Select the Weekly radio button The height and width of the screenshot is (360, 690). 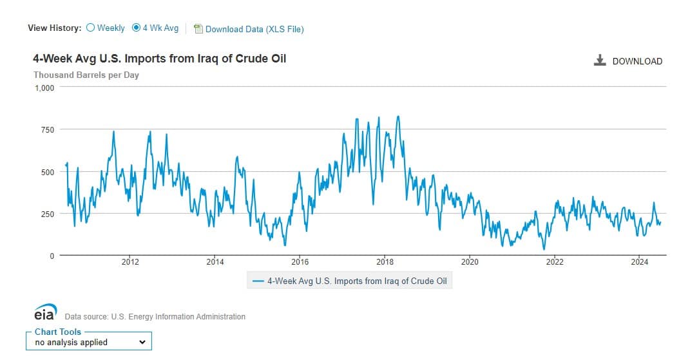point(90,28)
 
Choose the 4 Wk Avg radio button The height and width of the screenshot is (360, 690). point(136,28)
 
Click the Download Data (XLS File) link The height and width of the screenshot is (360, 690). point(254,29)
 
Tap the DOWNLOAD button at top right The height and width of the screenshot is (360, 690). point(628,61)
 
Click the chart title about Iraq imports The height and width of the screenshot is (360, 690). point(160,59)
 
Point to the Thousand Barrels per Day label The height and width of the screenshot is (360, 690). point(86,75)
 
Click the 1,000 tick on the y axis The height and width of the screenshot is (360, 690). point(44,88)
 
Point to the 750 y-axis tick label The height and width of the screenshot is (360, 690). point(47,130)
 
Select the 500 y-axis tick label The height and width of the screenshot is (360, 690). point(47,172)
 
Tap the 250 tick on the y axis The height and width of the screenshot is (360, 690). point(47,214)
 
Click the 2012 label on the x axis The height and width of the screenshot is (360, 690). point(130,261)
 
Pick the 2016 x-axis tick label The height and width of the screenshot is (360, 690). point(300,261)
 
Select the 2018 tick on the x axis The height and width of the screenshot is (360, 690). point(385,261)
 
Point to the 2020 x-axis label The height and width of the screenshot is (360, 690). point(470,261)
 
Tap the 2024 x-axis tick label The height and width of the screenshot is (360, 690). point(639,261)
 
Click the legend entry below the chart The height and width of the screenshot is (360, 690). point(350,281)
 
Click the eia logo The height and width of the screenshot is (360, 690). point(46,313)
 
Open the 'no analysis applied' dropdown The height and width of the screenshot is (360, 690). point(90,342)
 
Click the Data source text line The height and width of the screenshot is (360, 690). point(155,316)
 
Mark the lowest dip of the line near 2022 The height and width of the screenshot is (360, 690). point(544,249)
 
